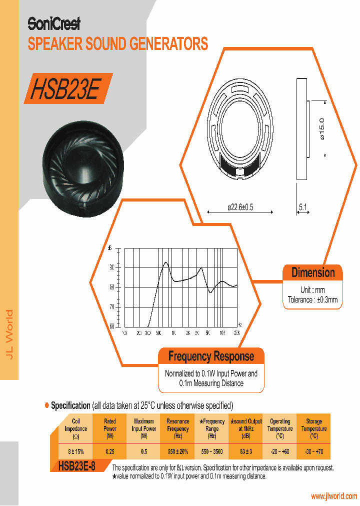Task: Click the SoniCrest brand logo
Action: coord(53,23)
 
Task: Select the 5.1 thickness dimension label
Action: coord(303,206)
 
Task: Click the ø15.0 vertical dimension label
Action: coord(321,128)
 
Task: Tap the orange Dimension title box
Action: coord(313,273)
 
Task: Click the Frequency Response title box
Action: coord(211,356)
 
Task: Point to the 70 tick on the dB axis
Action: coord(111,306)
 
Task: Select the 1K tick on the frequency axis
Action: coord(173,333)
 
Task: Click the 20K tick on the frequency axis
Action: coord(237,333)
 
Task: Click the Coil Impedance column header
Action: coord(76,428)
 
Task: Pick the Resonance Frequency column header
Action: coord(178,428)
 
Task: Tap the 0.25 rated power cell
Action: coord(110,451)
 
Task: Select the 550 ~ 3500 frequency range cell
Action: coord(212,451)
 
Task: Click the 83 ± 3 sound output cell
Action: coord(246,451)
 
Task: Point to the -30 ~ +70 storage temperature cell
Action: coord(314,451)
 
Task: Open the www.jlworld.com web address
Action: coord(334,496)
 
